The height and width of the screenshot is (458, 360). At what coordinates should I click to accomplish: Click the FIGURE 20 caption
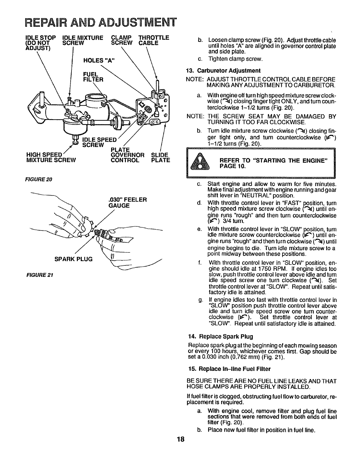34,179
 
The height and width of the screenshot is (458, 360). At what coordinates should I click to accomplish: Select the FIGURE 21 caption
34,274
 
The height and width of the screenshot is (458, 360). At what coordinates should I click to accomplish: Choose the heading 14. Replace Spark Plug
221,336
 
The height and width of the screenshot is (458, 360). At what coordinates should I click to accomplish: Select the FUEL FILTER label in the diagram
93,76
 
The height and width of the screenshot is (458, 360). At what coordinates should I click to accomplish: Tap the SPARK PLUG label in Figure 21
74,259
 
